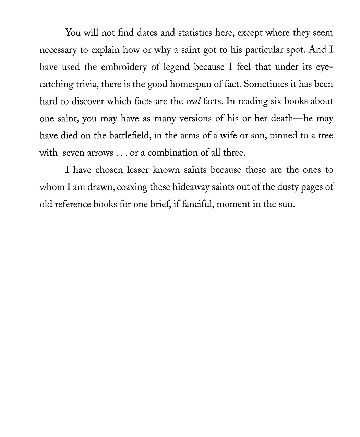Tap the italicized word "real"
coord(193,101)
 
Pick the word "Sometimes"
coord(266,84)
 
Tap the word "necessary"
coord(58,50)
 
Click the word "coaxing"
coord(132,187)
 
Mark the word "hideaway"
coord(200,187)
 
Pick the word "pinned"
coord(283,136)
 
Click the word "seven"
coord(74,153)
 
